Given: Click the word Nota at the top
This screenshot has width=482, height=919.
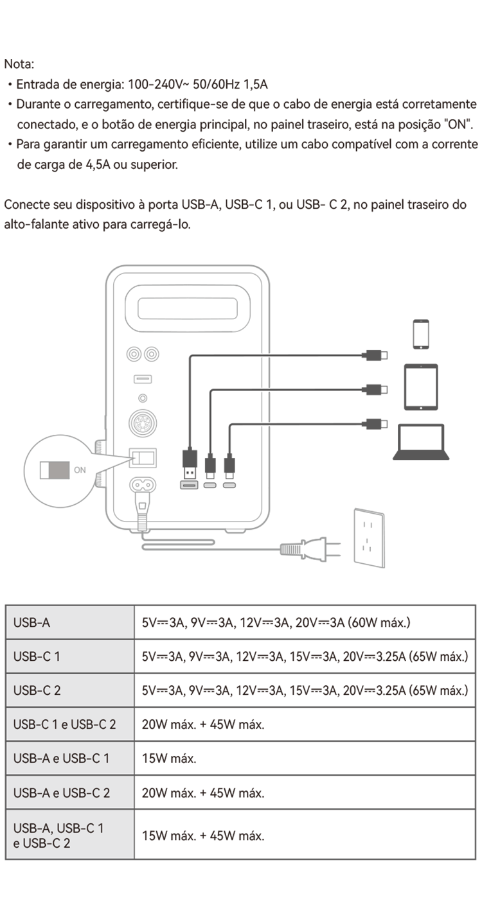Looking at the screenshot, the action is [19, 64].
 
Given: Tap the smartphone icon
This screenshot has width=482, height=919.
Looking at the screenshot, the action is [421, 335].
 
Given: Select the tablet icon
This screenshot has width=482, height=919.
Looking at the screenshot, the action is [421, 387].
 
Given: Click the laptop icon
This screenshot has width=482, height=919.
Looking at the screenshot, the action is [421, 442].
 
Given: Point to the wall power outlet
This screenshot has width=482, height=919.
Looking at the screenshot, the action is [369, 538].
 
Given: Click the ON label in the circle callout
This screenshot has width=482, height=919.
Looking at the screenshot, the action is [80, 469].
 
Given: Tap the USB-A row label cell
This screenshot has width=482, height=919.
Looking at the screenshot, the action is [70, 622].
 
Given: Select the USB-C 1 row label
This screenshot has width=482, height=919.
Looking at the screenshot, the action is [37, 656].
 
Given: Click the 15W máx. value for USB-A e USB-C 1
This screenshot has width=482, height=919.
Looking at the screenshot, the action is [169, 758].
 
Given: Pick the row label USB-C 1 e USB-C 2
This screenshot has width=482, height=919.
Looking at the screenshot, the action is [64, 724].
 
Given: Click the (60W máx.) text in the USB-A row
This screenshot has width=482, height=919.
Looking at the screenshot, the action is [379, 622].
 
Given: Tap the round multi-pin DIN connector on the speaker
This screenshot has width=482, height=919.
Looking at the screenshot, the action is [143, 423].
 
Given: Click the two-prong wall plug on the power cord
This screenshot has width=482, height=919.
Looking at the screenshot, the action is [310, 548].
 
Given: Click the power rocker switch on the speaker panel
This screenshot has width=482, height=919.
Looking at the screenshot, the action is [143, 458].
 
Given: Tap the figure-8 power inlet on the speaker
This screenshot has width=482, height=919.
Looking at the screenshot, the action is [143, 485].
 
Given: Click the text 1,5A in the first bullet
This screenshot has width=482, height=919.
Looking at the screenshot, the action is [255, 85].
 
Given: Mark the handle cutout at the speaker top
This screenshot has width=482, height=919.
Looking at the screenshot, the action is [187, 308].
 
